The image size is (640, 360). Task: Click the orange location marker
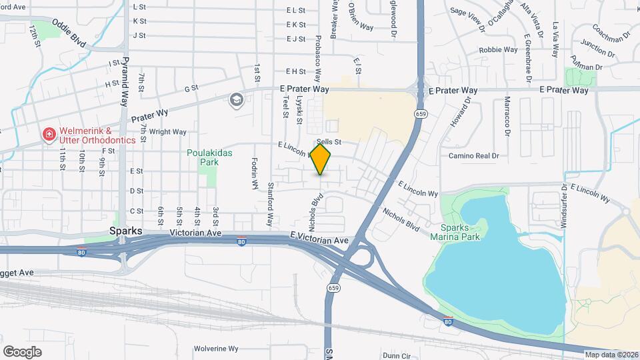pyautogui.click(x=321, y=159)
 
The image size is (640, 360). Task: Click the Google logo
pyautogui.click(x=22, y=351)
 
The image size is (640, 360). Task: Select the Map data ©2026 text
pyautogui.click(x=611, y=354)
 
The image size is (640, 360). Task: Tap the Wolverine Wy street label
pyautogui.click(x=216, y=349)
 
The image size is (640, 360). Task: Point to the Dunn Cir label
pyautogui.click(x=397, y=356)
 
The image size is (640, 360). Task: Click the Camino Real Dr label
pyautogui.click(x=474, y=156)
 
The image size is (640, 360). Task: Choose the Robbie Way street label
pyautogui.click(x=498, y=50)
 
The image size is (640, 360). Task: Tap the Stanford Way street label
pyautogui.click(x=271, y=203)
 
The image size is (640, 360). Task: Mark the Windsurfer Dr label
pyautogui.click(x=563, y=206)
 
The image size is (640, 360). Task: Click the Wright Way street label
pyautogui.click(x=167, y=132)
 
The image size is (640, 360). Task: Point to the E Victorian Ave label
pyautogui.click(x=319, y=239)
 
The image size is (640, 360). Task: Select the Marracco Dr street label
pyautogui.click(x=507, y=118)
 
